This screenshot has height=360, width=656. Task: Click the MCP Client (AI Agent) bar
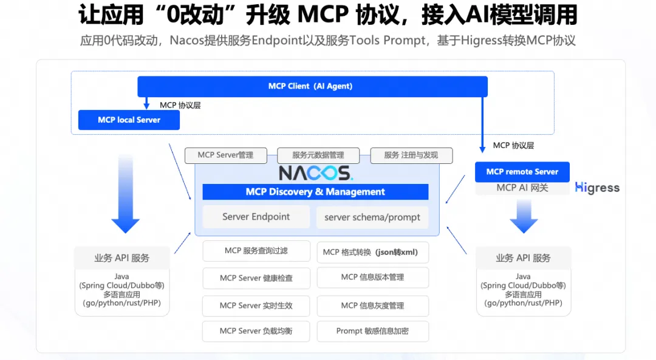pos(312,86)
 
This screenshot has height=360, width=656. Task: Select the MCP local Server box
pos(129,120)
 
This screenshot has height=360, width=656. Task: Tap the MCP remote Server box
pos(522,172)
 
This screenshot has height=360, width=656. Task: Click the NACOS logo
pos(315,172)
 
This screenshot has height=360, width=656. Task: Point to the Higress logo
pos(598,188)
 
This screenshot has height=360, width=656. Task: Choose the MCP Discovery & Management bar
pos(315,192)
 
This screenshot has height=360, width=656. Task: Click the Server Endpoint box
pos(256,217)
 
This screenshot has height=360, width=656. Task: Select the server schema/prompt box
pos(372,217)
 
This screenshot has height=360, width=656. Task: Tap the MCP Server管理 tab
pos(225,155)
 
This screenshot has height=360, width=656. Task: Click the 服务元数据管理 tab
pos(318,155)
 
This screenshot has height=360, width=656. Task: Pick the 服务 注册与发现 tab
pos(411,155)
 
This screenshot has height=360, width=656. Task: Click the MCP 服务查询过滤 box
pos(256,251)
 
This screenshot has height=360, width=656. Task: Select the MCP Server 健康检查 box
pos(256,278)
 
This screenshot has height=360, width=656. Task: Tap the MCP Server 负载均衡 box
pos(256,331)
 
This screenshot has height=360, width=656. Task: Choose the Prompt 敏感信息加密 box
pos(372,331)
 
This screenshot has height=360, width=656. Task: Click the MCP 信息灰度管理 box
pos(372,305)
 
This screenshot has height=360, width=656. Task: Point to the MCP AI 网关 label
pos(522,188)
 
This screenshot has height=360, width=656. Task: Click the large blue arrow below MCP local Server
pos(126,194)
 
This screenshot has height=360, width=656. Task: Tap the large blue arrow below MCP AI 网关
pos(523,217)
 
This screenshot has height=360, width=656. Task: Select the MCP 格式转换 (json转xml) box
pos(372,252)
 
